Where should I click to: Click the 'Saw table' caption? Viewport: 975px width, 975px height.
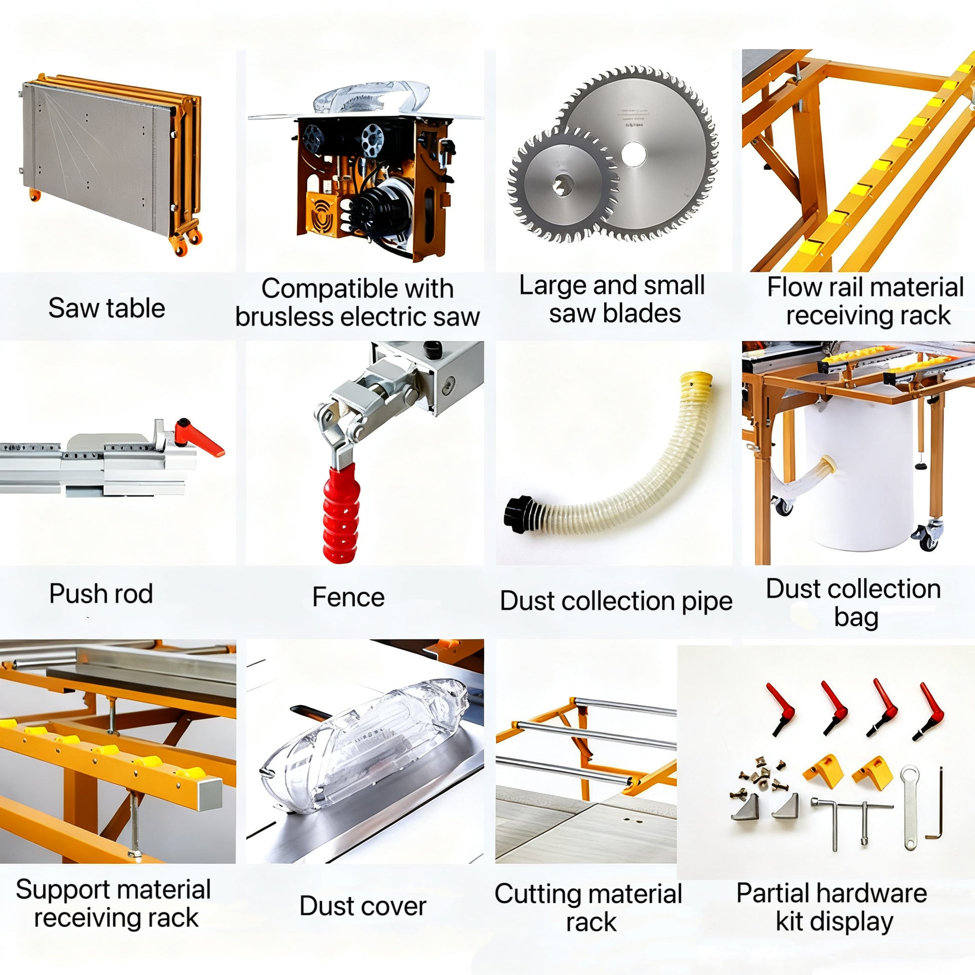(107, 308)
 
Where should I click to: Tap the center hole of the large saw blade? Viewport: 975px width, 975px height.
(633, 154)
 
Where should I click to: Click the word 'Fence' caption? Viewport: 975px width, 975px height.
(348, 597)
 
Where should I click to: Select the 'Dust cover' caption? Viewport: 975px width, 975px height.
(362, 906)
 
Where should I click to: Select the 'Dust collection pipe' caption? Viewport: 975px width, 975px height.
(616, 601)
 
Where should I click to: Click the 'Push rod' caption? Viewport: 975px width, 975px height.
(101, 594)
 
